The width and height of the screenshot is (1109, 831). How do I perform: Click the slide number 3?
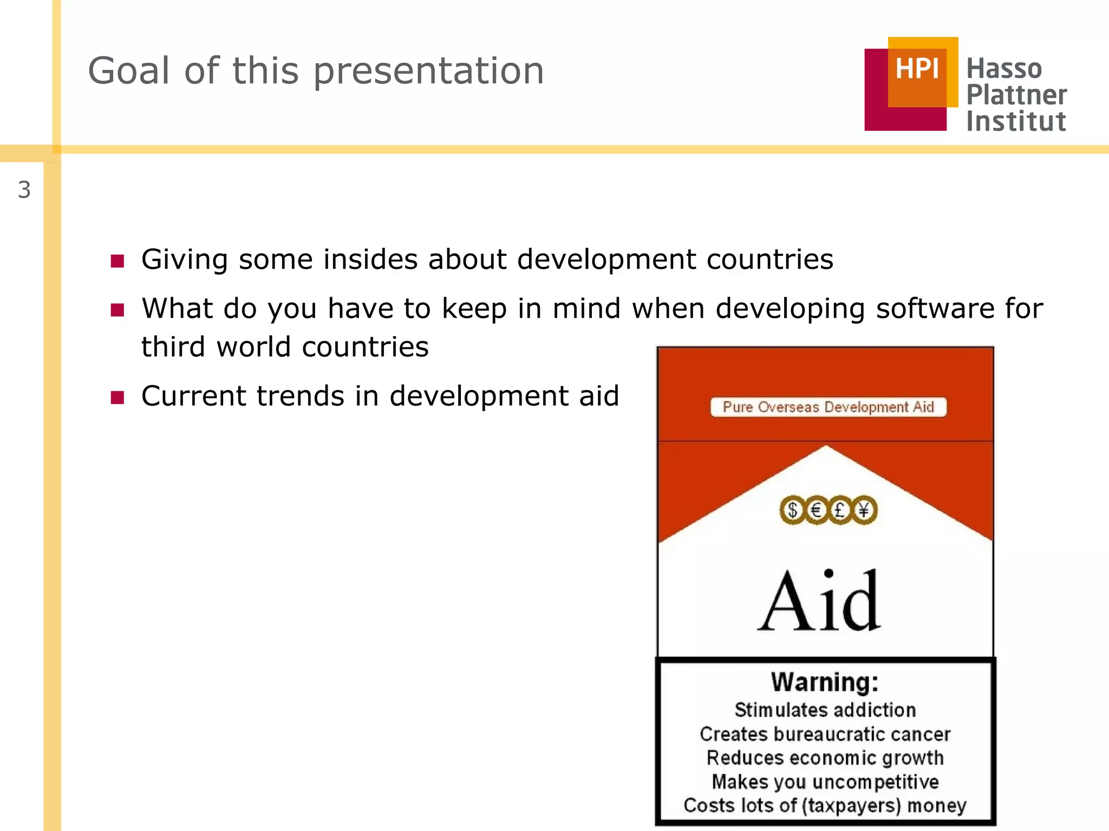pos(24,190)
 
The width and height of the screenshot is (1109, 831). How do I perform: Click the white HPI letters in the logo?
pos(917,69)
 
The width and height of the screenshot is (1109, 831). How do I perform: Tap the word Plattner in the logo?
pos(1016,95)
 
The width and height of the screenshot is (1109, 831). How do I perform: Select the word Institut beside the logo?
pos(1016,121)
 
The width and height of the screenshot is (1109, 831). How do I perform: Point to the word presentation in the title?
pos(428,72)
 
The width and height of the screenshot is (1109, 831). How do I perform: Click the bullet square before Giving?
pos(118,261)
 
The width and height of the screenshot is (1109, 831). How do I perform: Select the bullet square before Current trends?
pos(118,398)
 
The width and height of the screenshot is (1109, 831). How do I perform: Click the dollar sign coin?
pos(793,510)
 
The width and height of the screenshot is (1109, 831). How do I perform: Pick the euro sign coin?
pos(817,510)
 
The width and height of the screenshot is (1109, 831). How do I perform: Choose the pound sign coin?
pos(840,510)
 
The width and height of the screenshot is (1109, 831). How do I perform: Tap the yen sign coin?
pos(864,510)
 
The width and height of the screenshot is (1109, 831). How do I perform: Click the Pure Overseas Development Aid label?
pos(828,407)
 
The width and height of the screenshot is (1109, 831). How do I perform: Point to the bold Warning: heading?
pos(825,682)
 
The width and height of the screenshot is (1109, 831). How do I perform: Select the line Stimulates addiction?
pos(825,710)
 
